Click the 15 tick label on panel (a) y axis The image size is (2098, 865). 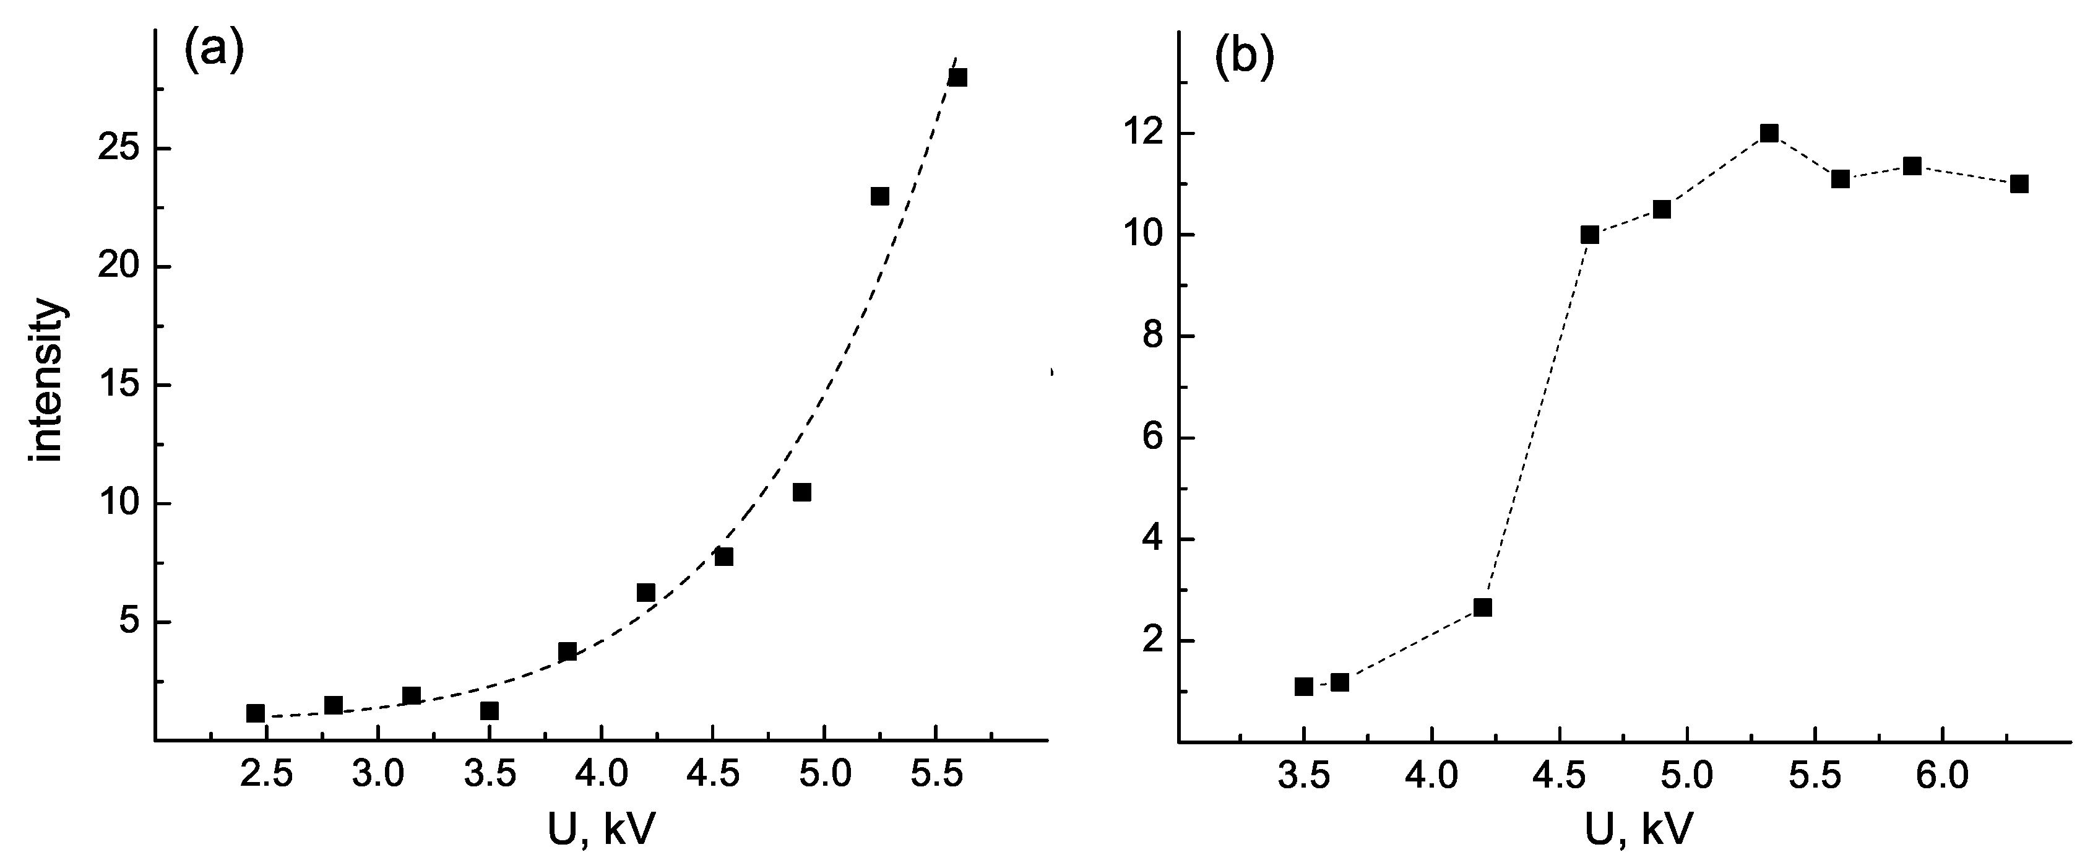[121, 386]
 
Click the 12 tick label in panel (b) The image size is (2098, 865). [1146, 134]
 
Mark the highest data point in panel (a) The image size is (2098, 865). [958, 77]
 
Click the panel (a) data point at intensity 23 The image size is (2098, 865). [879, 196]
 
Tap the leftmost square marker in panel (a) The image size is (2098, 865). [255, 713]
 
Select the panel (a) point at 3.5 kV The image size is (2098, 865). [489, 711]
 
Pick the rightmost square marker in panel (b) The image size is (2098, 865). [2019, 184]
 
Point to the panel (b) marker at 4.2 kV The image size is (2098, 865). [1482, 607]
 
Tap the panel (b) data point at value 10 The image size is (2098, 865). [1590, 235]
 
